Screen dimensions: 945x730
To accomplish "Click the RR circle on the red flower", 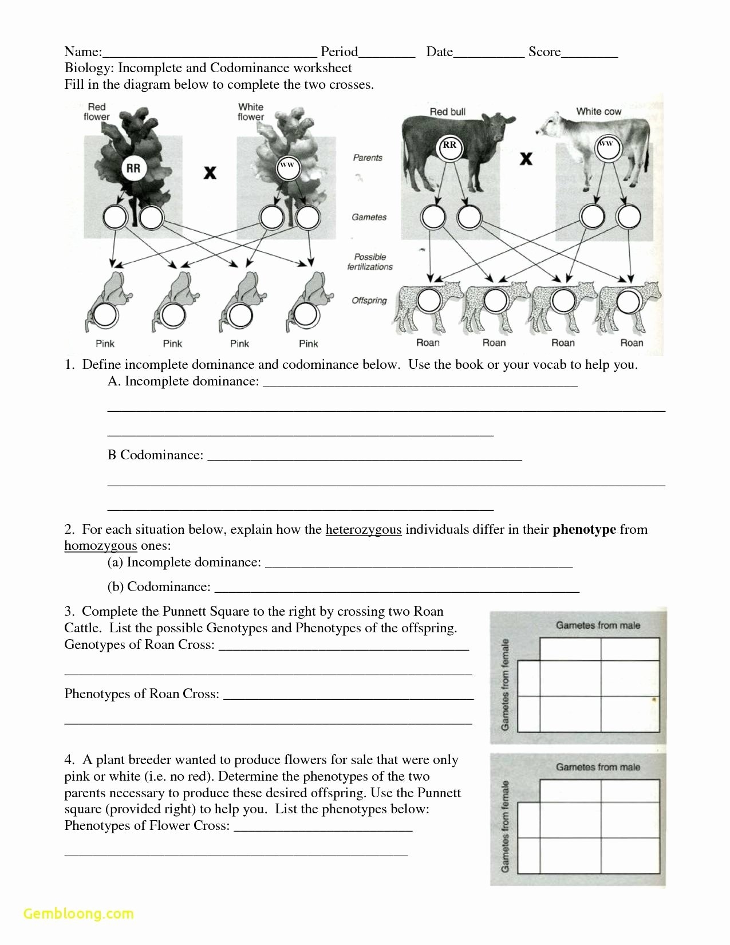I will [x=133, y=168].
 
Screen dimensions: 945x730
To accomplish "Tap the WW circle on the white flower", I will [x=286, y=166].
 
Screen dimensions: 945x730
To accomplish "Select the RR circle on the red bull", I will [x=449, y=145].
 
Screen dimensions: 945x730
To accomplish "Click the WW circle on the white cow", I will [x=605, y=144].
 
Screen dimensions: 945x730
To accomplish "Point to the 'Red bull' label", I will [x=448, y=112].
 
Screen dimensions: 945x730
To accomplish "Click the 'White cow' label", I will [x=598, y=111].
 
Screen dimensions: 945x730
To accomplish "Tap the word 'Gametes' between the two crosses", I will [x=369, y=217].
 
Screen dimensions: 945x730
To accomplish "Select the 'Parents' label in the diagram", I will [x=368, y=157].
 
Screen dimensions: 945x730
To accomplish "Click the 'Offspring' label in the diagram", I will [x=369, y=300].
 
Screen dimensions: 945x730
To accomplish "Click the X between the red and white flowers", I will [x=210, y=172].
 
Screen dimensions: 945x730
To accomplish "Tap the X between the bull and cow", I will [x=526, y=159].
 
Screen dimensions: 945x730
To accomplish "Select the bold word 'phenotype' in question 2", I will [x=584, y=529].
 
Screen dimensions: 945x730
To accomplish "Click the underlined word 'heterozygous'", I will [x=364, y=529].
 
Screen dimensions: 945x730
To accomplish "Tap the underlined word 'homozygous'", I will [x=101, y=545].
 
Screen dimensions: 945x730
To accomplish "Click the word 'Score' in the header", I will [x=544, y=52].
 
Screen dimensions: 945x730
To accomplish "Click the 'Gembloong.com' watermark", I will [x=78, y=913].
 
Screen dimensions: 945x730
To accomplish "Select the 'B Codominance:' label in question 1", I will [x=155, y=455].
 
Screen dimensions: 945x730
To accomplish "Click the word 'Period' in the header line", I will [x=340, y=52].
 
